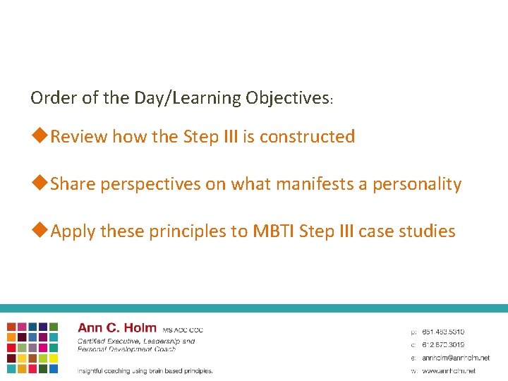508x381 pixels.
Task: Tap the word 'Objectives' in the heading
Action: click(x=287, y=97)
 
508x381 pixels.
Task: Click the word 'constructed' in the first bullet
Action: click(x=307, y=136)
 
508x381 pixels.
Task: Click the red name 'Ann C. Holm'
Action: click(x=117, y=328)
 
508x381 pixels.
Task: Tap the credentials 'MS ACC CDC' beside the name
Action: click(x=183, y=329)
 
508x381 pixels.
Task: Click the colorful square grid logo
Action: click(x=33, y=347)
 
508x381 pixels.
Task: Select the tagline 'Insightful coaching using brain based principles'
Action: click(x=145, y=370)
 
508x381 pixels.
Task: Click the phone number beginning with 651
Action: click(x=443, y=332)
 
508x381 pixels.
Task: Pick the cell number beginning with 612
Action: click(x=443, y=344)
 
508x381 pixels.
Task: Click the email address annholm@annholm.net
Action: click(x=455, y=358)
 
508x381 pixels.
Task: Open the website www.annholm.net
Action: click(x=449, y=370)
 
